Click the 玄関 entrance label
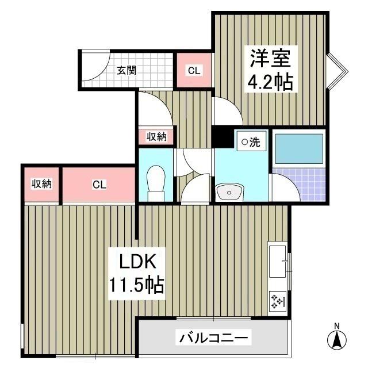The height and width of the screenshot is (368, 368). [126, 71]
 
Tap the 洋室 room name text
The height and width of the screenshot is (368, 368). [272, 59]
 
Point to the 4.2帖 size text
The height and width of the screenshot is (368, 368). [271, 82]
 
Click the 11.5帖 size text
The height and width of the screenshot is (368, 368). [137, 284]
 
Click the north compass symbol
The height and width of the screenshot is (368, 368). [337, 339]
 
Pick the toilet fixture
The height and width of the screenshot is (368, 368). [155, 181]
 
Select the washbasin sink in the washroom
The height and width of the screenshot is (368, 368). [231, 191]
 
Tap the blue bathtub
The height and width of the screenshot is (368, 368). [297, 149]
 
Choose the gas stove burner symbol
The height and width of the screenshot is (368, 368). [278, 301]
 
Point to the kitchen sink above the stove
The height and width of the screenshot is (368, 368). [278, 262]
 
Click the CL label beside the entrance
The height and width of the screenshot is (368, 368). [194, 71]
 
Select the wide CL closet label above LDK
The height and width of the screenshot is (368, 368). [99, 185]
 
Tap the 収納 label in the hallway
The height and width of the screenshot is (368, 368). [156, 137]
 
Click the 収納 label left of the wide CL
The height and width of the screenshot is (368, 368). [41, 184]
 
